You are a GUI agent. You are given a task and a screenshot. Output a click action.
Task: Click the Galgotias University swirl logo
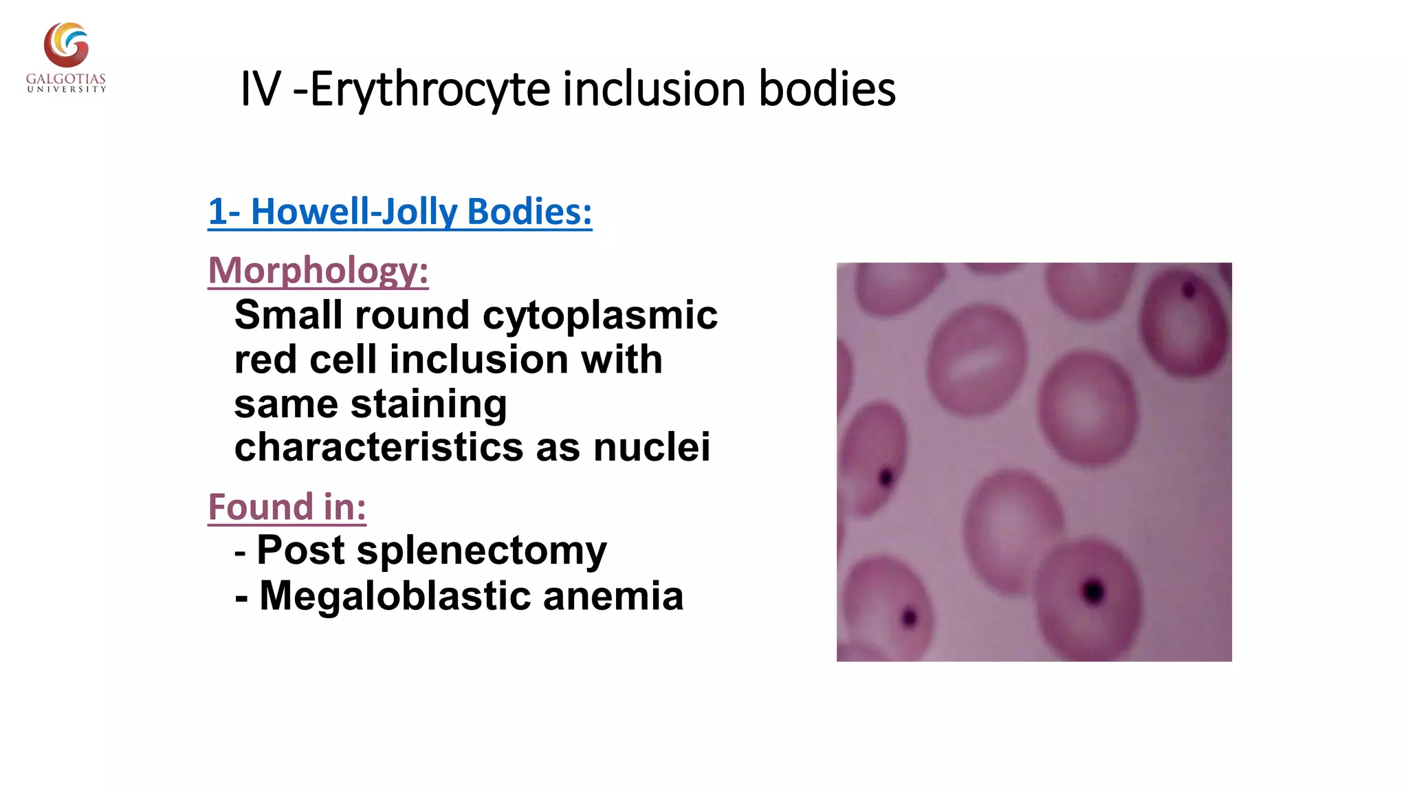66,45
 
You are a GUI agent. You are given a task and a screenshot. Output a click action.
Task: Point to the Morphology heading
318,270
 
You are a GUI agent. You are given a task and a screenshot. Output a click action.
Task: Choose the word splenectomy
481,551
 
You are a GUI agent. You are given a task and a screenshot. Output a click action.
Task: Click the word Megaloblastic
395,595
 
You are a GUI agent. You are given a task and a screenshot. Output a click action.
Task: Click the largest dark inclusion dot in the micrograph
1092,591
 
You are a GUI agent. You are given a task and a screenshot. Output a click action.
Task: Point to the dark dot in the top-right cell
1189,290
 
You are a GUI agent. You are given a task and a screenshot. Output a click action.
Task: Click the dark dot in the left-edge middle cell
886,476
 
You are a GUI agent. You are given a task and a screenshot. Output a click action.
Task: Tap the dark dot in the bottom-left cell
910,617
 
